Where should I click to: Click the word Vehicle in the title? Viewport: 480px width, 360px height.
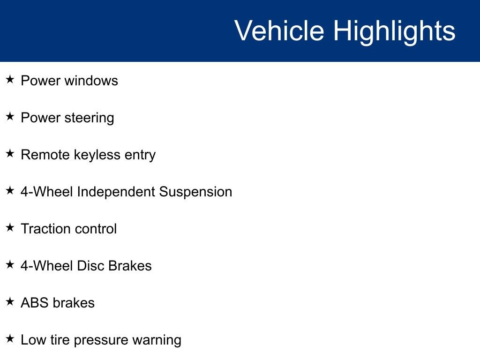coord(279,31)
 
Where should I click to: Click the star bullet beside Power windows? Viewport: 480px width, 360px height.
coord(10,80)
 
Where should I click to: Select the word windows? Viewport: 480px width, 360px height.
coord(91,81)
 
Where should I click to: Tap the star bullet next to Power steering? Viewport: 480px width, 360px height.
coord(10,117)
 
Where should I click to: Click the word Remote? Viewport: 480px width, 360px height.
coord(45,155)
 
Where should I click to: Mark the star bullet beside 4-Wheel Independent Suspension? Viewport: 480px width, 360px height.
coord(10,191)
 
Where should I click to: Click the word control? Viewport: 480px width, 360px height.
coord(96,229)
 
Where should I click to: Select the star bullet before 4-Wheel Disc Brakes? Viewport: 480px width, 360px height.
coord(10,265)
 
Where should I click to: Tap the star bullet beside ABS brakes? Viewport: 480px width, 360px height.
coord(10,302)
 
